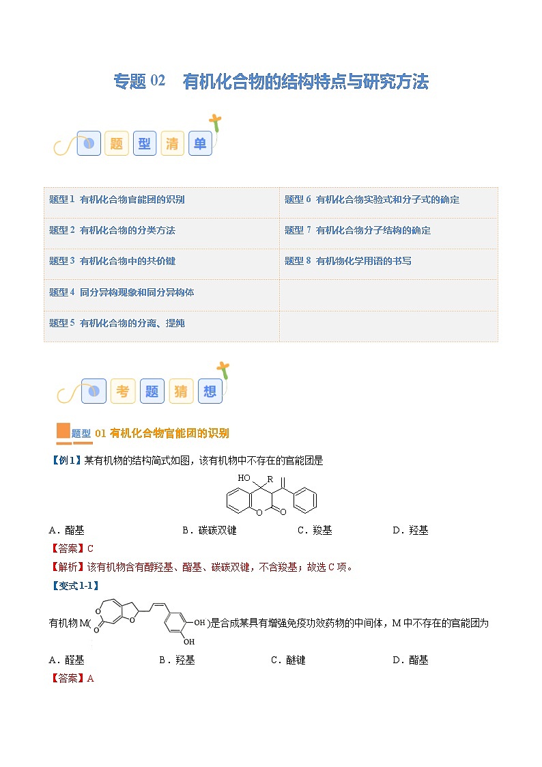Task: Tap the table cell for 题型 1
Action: click(x=161, y=200)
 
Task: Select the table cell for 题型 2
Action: click(x=161, y=231)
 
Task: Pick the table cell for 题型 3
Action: click(x=161, y=262)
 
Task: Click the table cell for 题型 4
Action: click(x=161, y=292)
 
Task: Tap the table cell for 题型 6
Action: click(x=388, y=200)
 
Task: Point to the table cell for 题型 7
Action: click(x=388, y=231)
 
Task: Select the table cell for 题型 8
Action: click(x=388, y=262)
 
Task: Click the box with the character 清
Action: click(x=172, y=143)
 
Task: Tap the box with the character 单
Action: click(x=200, y=143)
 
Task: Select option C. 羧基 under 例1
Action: click(x=315, y=530)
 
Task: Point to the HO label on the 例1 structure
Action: click(x=244, y=479)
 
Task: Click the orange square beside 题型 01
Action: click(x=63, y=431)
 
